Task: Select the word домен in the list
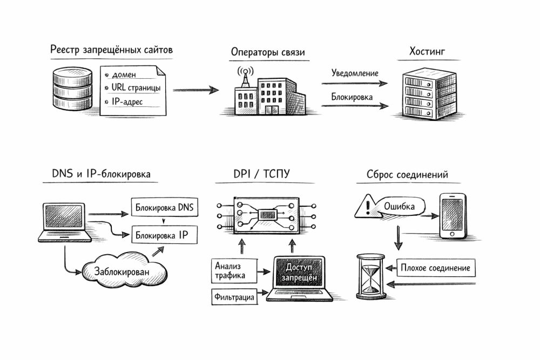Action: [124, 74]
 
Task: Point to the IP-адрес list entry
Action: [127, 101]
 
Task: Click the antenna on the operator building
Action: [243, 76]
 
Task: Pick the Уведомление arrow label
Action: [355, 73]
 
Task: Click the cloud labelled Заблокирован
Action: [122, 270]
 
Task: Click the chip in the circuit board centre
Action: [267, 215]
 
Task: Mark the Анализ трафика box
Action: [231, 270]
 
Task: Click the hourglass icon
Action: [370, 277]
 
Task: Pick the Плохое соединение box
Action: [436, 268]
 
